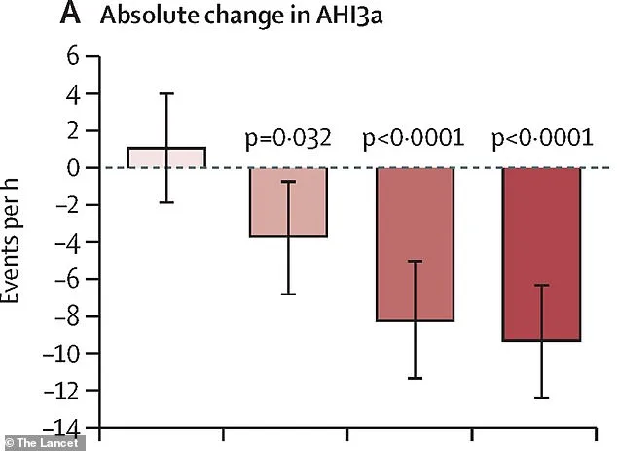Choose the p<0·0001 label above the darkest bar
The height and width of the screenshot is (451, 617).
541,138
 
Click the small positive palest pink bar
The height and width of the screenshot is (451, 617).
166,157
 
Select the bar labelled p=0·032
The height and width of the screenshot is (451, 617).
288,202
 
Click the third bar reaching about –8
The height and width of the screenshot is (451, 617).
415,243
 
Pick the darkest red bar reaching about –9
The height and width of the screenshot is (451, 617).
541,254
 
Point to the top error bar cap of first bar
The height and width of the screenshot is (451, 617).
166,93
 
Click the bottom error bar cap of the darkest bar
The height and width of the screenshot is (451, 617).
541,398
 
